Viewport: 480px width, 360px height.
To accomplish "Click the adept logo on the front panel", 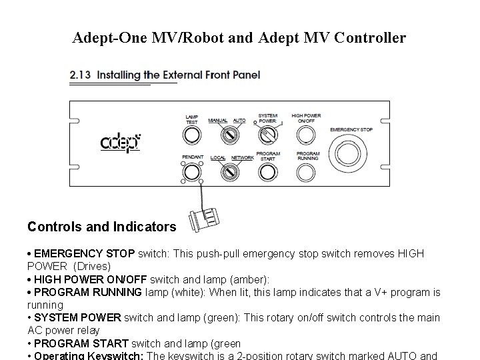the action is point(121,142).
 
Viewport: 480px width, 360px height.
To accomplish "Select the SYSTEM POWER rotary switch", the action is point(267,135).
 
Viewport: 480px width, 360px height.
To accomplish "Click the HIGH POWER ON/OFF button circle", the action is point(305,135).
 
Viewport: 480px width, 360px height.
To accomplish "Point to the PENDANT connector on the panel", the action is point(192,173).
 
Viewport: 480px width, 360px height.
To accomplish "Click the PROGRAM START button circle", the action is point(267,172).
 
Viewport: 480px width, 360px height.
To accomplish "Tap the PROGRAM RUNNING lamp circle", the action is point(305,172).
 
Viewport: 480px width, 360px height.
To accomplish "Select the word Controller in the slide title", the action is point(369,38).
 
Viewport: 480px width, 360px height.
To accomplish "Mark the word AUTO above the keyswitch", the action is point(239,121).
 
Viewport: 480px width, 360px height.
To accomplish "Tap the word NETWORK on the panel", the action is point(242,158).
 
